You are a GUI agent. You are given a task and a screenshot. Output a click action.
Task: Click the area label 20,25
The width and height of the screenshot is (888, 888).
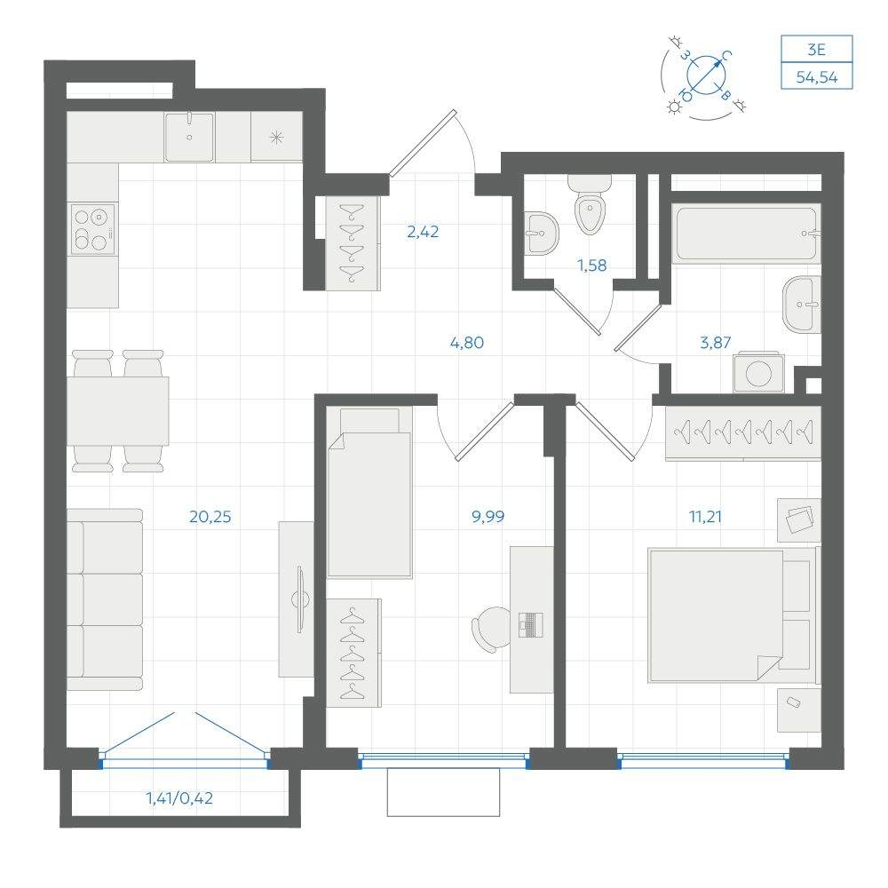click(x=210, y=517)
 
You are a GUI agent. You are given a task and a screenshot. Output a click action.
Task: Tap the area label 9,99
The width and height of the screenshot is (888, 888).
click(x=488, y=517)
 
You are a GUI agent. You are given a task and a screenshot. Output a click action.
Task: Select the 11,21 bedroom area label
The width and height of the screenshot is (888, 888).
click(x=705, y=517)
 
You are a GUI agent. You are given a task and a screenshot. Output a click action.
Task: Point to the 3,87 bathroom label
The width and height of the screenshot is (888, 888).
click(x=715, y=343)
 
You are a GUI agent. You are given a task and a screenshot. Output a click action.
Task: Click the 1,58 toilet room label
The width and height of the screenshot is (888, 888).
click(x=591, y=265)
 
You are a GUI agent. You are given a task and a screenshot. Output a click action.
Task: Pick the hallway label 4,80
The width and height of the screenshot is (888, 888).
click(x=467, y=343)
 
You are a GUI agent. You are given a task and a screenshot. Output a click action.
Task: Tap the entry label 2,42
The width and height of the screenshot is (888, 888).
click(x=423, y=232)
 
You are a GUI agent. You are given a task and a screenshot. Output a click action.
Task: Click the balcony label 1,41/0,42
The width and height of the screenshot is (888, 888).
click(x=179, y=798)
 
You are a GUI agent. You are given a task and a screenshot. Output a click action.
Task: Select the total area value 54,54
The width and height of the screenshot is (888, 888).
click(x=817, y=77)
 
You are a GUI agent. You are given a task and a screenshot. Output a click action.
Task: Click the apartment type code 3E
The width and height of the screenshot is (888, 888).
click(x=817, y=50)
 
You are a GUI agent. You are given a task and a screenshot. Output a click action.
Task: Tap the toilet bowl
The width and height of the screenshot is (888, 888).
click(x=590, y=204)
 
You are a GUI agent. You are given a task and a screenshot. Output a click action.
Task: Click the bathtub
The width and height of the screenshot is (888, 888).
click(x=746, y=234)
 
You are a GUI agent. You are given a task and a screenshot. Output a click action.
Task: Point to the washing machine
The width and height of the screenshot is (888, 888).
click(x=758, y=372)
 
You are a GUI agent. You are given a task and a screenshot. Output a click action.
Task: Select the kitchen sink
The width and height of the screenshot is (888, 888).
click(x=189, y=137)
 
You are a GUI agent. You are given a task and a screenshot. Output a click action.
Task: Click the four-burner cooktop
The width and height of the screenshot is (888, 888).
click(x=93, y=229)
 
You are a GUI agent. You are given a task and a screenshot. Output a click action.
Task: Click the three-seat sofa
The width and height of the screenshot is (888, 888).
click(x=105, y=599)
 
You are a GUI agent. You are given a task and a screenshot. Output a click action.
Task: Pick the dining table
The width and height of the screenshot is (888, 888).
click(x=118, y=411)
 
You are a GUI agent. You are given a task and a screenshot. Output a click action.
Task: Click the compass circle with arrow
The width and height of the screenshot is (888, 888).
click(x=706, y=75)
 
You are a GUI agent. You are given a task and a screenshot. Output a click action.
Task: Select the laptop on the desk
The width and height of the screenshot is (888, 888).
click(x=531, y=624)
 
